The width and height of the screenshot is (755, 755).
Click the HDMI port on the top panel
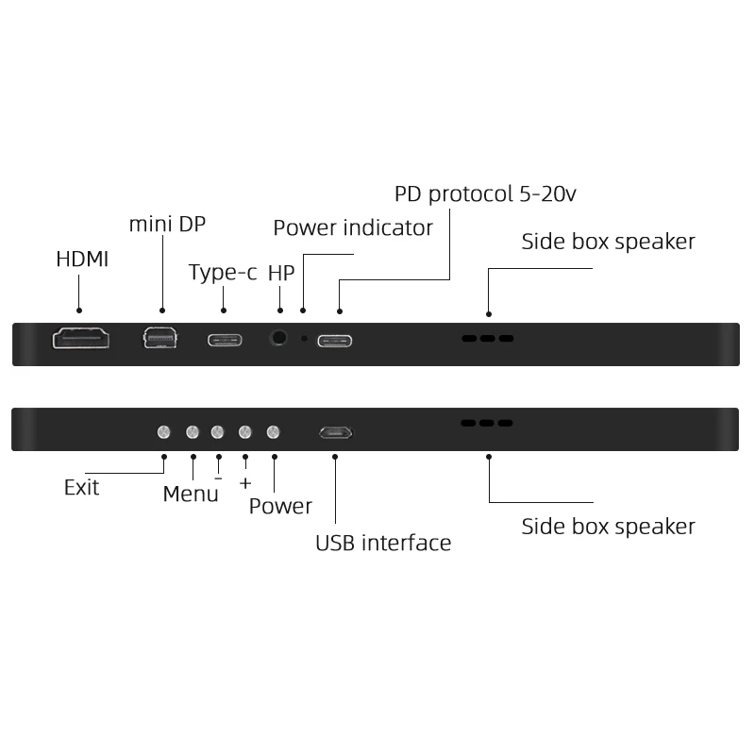pos(81,338)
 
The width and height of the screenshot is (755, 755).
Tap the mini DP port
pos(159,338)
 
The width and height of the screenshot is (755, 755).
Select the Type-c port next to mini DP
pos(225,339)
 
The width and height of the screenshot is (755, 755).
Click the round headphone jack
pos(279,338)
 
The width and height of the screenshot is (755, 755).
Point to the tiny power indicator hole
pos(303,338)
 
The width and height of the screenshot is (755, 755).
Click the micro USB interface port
pos(335,433)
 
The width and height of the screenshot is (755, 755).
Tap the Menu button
pos(193,432)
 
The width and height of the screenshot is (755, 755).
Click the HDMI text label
pos(82,259)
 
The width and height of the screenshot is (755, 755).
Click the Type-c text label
pos(223,273)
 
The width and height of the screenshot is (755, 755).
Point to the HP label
pos(281,273)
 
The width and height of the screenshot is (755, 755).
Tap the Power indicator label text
pos(353,227)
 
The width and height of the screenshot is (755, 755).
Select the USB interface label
pos(383,543)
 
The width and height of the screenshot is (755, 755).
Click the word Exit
pos(81,488)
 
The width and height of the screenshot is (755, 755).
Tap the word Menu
pos(191,494)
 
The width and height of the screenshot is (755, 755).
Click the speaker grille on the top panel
pos(487,338)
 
